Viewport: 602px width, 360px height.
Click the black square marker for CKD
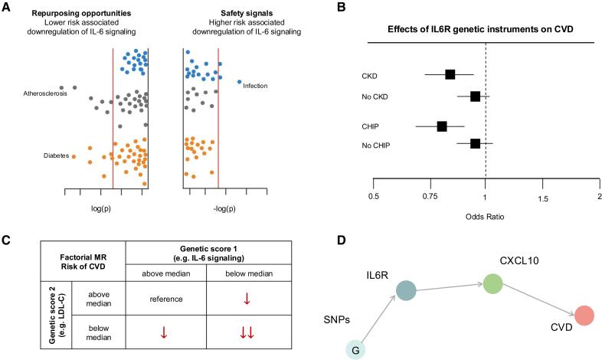coord(450,74)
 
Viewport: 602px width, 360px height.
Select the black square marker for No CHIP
coord(475,143)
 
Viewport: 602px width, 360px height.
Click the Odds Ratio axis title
coord(485,216)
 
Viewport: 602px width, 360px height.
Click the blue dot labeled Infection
coord(239,81)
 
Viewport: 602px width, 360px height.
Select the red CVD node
coord(584,316)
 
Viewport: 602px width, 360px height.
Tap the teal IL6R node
coord(406,290)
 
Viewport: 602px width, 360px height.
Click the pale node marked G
coord(355,349)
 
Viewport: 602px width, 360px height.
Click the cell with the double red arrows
coord(246,332)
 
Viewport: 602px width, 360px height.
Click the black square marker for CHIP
coord(442,126)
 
